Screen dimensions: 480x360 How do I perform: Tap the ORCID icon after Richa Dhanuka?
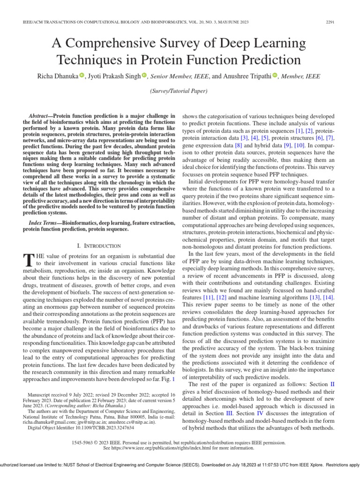coord(82,75)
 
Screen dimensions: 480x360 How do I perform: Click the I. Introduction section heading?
coord(98,245)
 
